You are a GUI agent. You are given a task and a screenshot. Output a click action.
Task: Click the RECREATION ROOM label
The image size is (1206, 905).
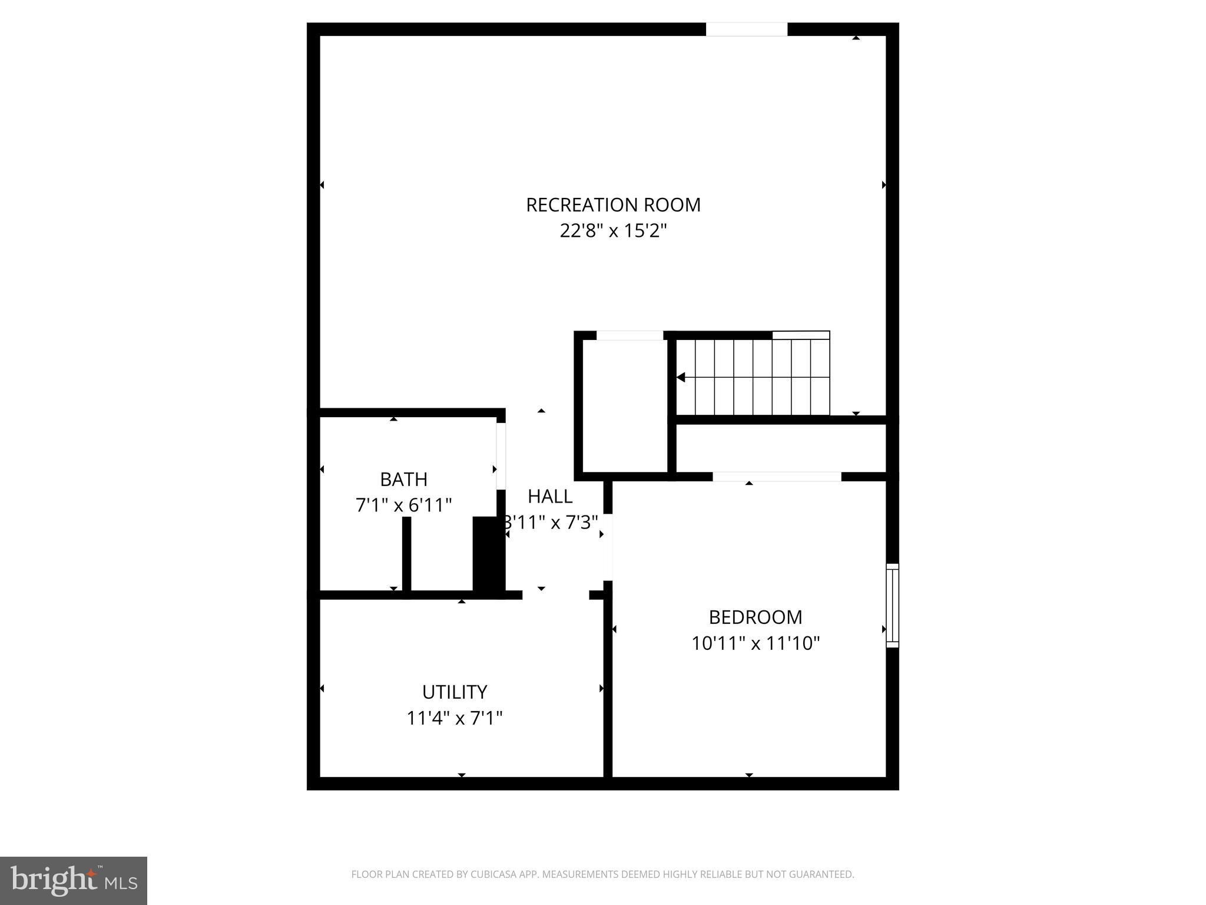[x=613, y=205]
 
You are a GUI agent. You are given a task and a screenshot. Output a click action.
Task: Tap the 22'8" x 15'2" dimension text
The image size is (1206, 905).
[x=613, y=230]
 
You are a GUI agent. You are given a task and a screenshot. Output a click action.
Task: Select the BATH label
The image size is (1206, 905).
[x=403, y=480]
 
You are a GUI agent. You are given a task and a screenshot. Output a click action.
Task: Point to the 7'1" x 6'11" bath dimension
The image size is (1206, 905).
[x=403, y=506]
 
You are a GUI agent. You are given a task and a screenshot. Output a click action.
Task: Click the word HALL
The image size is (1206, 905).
[x=549, y=497]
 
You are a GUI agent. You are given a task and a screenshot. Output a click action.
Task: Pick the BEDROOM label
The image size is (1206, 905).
[x=756, y=617]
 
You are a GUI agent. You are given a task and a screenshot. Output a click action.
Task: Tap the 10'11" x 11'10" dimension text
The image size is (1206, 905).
[x=756, y=643]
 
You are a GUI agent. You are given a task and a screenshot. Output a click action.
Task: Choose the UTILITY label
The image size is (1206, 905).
[x=455, y=692]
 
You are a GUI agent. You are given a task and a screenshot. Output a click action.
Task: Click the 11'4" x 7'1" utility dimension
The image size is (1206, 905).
[x=455, y=718]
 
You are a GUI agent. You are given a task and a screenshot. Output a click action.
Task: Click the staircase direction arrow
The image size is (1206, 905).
[x=681, y=377]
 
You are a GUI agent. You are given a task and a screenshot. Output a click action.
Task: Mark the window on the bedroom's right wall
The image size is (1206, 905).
[x=893, y=605]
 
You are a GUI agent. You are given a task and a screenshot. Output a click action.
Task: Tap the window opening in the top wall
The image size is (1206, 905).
[x=747, y=29]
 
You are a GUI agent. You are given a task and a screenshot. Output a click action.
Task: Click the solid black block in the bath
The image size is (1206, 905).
[x=488, y=554]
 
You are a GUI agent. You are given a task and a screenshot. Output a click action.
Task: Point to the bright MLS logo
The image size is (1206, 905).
[x=74, y=881]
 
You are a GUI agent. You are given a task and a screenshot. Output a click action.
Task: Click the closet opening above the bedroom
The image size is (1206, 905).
[x=777, y=477]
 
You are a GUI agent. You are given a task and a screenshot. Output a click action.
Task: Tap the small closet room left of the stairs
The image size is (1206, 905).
[x=625, y=407]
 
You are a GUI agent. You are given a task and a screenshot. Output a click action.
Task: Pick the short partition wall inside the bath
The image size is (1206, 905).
[x=406, y=554]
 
